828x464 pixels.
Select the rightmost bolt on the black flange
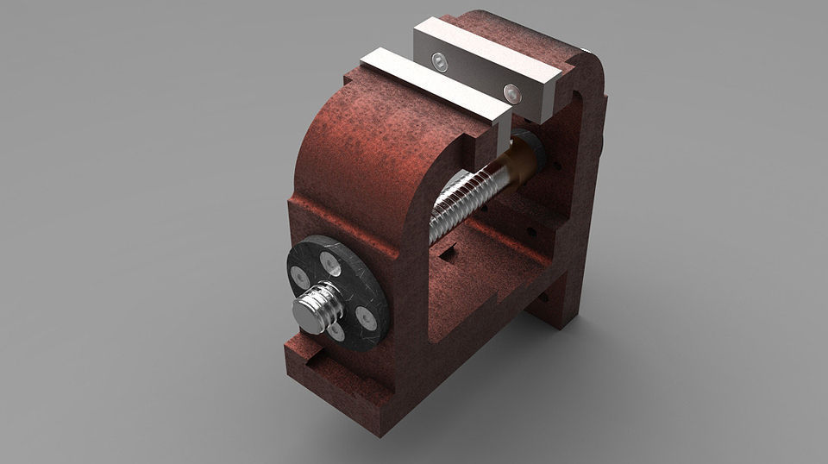[x=367, y=318]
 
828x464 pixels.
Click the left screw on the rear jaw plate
[x=441, y=61]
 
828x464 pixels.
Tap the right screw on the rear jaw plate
[x=512, y=91]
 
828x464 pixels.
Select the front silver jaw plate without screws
[x=431, y=85]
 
